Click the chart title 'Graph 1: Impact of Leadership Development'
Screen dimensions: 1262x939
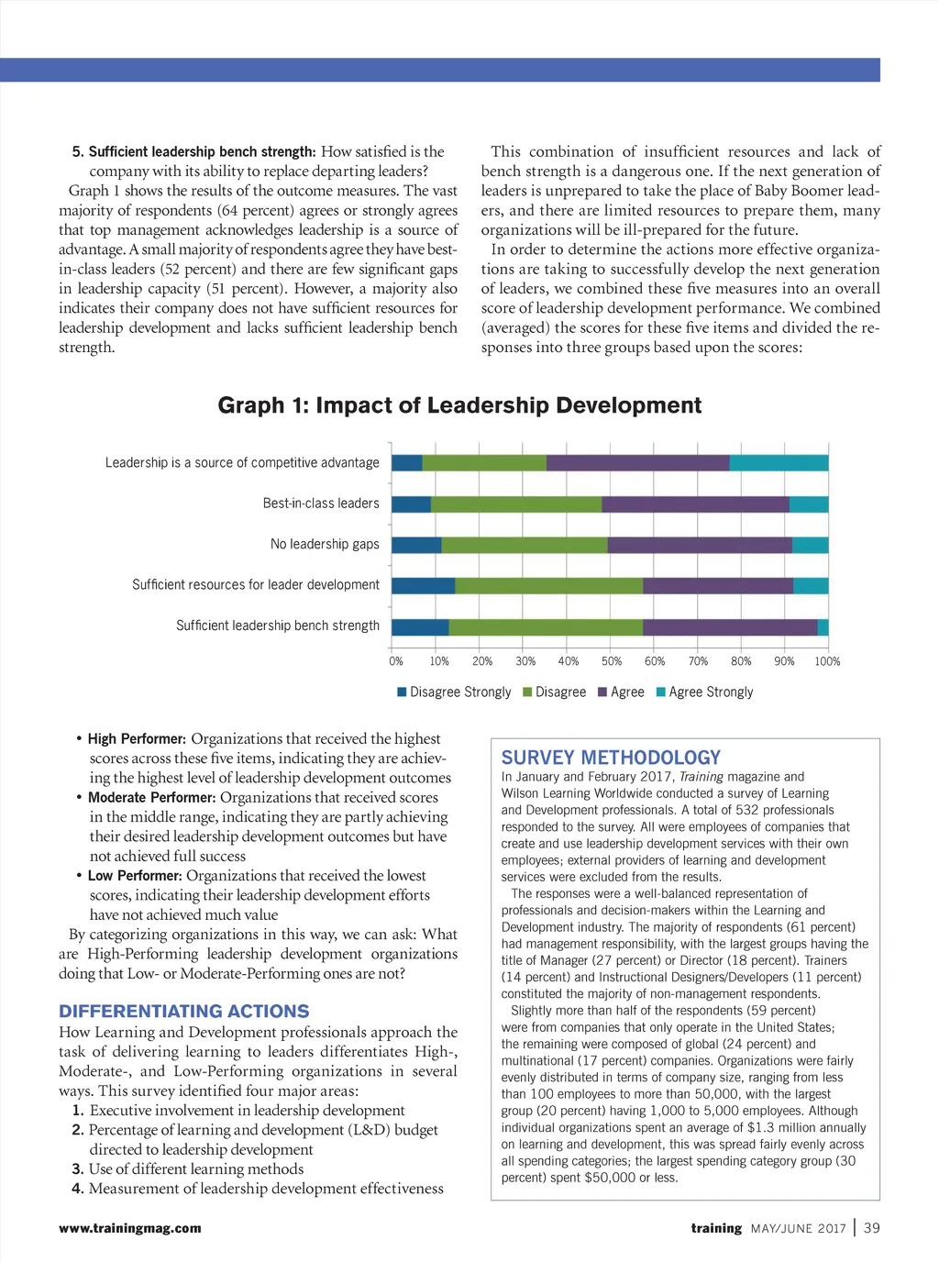click(459, 405)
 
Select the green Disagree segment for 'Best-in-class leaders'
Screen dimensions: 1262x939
click(516, 504)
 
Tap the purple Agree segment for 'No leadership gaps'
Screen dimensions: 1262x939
click(700, 545)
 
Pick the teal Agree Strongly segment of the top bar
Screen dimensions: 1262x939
click(779, 463)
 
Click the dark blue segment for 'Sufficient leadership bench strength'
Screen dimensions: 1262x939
click(420, 627)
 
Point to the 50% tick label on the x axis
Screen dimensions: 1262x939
click(611, 661)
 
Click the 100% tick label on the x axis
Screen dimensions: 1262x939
click(827, 661)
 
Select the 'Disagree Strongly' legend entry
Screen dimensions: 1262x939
click(454, 692)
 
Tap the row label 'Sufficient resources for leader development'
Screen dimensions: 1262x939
click(256, 585)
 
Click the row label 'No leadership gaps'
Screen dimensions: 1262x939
click(325, 545)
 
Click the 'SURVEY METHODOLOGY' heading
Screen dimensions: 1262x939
click(611, 758)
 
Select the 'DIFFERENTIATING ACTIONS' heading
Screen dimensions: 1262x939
click(184, 1011)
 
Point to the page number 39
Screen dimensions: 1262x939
click(871, 1228)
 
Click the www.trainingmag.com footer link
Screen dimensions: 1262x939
click(130, 1228)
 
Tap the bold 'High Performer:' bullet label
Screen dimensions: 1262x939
click(137, 739)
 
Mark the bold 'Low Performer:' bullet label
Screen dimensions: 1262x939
click(135, 876)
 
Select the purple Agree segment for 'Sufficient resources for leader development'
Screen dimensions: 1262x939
click(718, 586)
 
